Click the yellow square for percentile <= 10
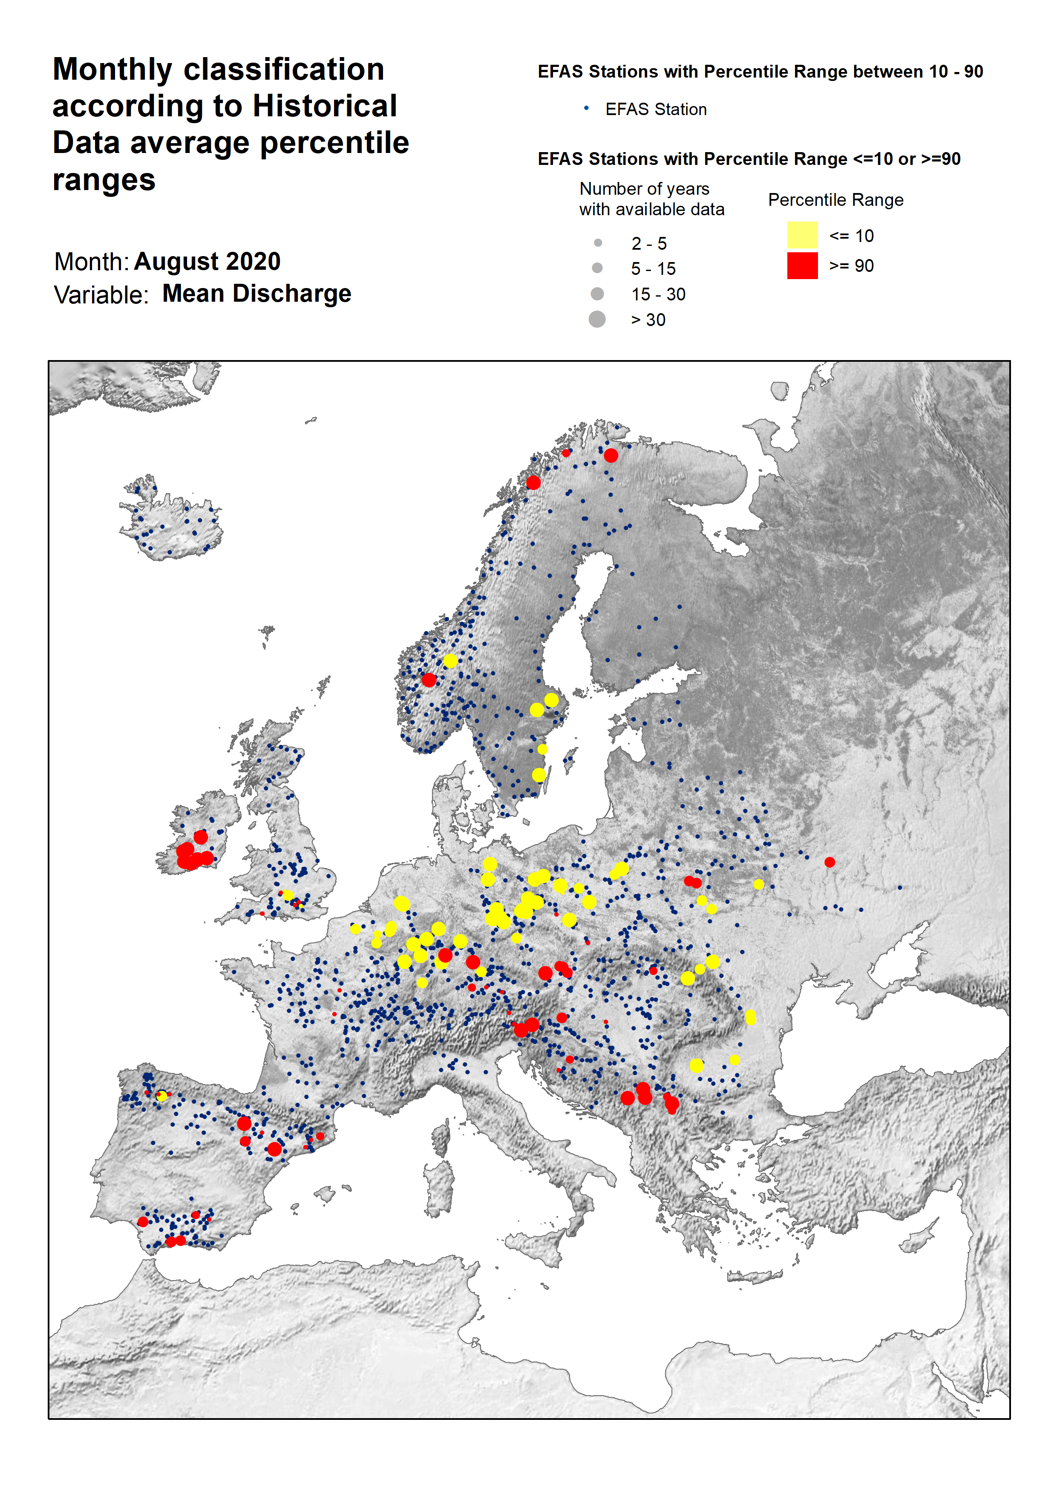802,235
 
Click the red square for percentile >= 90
802,265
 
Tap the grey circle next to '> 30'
597,319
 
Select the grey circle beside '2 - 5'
597,243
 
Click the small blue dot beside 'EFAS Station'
586,108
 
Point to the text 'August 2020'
207,262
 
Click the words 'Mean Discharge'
256,294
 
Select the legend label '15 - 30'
658,294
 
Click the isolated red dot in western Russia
829,862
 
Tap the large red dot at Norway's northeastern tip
611,455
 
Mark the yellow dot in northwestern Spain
161,1096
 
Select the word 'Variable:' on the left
101,295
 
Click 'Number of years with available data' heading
651,199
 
